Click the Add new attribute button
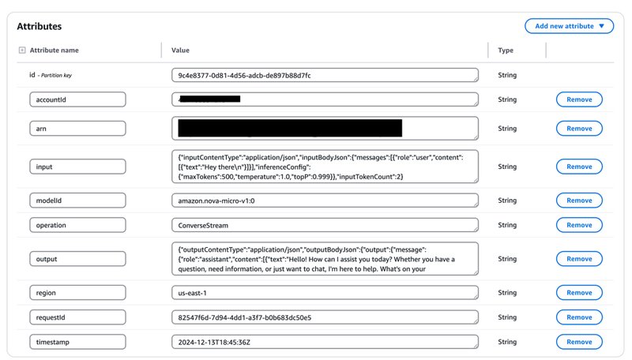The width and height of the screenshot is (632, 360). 568,26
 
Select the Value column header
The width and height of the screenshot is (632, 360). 180,51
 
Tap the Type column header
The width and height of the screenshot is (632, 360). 505,51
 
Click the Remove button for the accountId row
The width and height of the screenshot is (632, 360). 579,99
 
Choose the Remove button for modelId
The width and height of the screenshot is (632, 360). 579,201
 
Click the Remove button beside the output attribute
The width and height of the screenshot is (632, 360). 579,259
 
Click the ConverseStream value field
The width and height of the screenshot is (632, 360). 324,225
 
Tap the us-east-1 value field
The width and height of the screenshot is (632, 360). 324,294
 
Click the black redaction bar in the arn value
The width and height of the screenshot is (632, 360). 289,128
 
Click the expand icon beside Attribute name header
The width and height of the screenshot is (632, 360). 21,51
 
